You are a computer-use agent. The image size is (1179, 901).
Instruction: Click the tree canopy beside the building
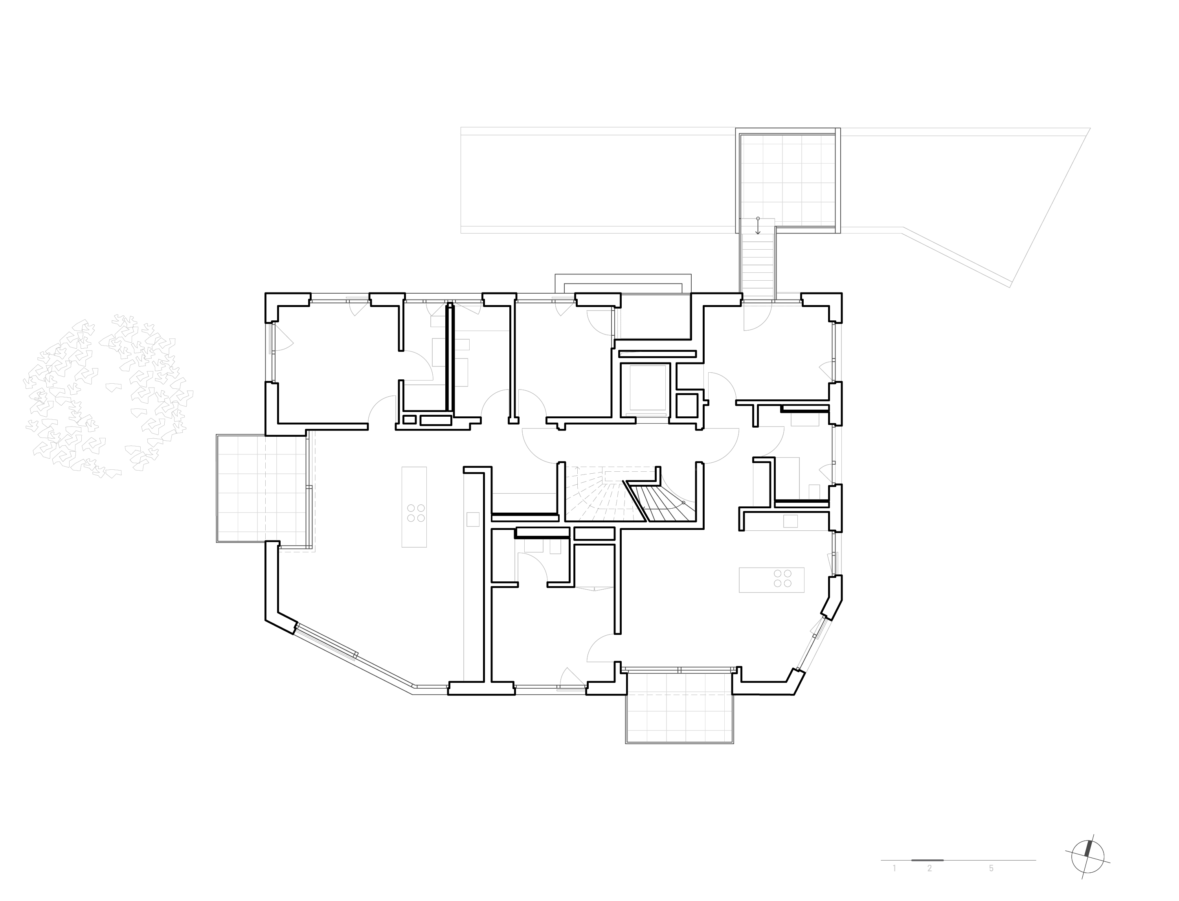(107, 397)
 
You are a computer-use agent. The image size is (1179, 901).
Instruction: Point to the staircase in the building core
(633, 493)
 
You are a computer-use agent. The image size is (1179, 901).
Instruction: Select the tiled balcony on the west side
(263, 489)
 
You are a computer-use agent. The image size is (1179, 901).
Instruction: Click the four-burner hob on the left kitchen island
(415, 512)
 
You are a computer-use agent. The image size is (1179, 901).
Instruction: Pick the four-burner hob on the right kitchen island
(782, 579)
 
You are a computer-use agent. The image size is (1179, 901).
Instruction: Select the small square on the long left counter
(473, 519)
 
